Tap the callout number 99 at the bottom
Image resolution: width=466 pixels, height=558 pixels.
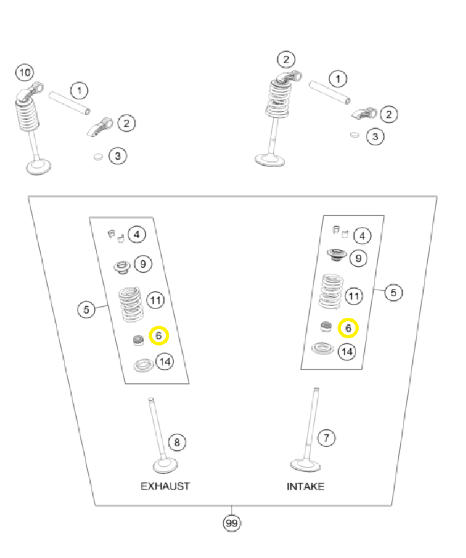tap(231, 523)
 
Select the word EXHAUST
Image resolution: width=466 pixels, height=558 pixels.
tap(165, 486)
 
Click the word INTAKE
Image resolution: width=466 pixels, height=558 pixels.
tap(305, 487)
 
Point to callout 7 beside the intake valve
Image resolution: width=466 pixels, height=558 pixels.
tap(324, 437)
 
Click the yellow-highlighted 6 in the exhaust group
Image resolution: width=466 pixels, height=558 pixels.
tap(159, 336)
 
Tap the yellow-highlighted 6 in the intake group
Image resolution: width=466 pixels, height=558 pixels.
tap(348, 327)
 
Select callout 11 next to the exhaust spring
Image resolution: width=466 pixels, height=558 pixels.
tap(155, 301)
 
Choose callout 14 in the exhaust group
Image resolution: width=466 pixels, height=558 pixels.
tap(165, 361)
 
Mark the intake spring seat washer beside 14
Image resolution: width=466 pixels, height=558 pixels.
tap(323, 349)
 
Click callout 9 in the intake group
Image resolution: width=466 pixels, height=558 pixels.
tap(357, 258)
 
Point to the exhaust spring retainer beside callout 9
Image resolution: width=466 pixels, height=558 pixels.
tap(122, 266)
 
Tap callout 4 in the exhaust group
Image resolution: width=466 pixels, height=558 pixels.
tap(136, 234)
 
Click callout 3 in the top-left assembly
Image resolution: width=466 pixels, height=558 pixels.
tap(118, 156)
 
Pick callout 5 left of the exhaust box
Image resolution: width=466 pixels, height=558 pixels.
tap(87, 309)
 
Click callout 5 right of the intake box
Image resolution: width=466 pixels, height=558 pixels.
tap(393, 292)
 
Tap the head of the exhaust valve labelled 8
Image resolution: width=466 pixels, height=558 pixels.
tap(165, 467)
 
